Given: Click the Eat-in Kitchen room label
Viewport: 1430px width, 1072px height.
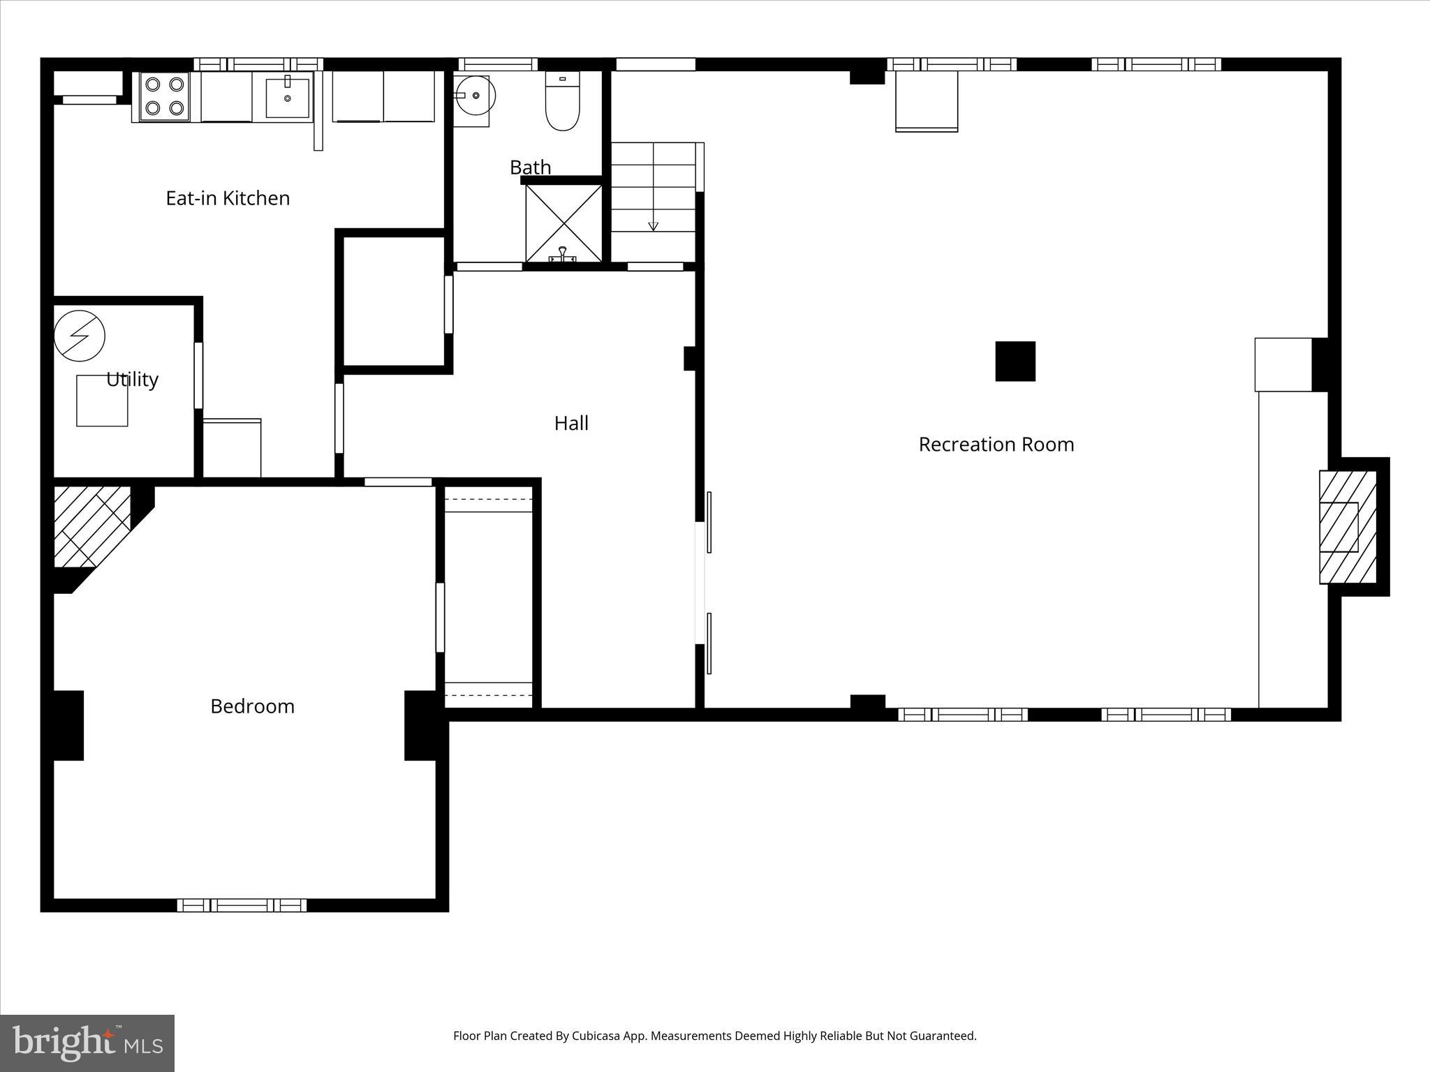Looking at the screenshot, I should coord(228,198).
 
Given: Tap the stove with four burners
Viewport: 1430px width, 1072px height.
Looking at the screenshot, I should coord(165,96).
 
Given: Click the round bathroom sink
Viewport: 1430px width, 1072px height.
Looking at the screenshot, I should coord(477,95).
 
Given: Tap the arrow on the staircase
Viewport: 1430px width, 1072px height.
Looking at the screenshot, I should coord(653,225).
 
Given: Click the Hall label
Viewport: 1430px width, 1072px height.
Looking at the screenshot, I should coord(571,423).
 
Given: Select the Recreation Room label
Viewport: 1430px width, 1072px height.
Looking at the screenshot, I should coord(996,445).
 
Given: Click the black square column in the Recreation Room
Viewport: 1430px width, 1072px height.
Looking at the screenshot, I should coord(1015,361).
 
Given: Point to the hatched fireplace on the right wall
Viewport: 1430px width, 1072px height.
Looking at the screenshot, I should coord(1347,527).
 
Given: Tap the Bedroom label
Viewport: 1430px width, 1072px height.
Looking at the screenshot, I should coord(252,706).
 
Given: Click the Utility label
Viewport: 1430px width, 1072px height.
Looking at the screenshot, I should coord(132,380).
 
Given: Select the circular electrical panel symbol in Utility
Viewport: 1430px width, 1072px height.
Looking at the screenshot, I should coord(80,336).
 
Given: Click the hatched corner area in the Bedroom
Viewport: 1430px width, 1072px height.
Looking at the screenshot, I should coord(91,525).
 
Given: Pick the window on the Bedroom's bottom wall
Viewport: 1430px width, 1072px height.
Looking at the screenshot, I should coord(242,905).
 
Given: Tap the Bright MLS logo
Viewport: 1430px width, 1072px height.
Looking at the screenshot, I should coord(87,1043).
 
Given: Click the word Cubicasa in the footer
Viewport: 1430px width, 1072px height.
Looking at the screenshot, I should coord(598,1036).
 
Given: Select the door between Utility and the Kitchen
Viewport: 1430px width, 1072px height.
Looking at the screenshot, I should coord(198,375).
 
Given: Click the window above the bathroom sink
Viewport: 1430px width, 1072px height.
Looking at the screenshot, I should coord(498,64).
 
